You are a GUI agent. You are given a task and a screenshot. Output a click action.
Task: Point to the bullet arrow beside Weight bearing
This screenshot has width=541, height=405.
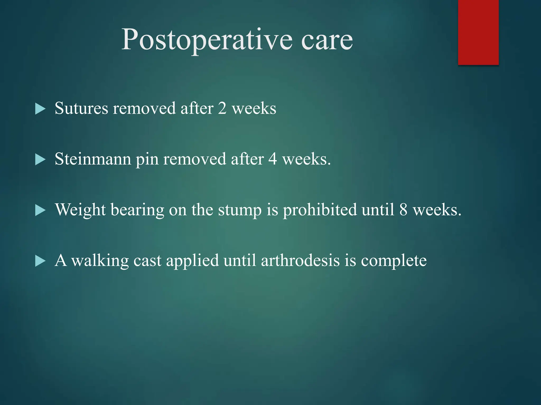[40, 210]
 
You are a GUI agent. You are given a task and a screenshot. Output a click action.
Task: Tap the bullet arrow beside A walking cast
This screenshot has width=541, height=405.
[40, 261]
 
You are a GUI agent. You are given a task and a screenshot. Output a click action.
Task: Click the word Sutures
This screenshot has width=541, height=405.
[81, 108]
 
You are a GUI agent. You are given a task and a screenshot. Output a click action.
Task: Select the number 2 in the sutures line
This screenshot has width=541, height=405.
[222, 108]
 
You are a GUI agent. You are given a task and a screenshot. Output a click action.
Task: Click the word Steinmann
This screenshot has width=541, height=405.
[93, 159]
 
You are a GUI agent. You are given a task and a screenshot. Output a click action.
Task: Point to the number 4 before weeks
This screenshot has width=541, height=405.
[273, 159]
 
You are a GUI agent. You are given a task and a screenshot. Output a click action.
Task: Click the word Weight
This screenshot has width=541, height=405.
[80, 210]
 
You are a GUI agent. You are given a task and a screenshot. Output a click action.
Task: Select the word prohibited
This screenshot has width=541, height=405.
[320, 210]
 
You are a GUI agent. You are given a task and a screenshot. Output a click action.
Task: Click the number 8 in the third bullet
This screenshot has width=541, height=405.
[403, 210]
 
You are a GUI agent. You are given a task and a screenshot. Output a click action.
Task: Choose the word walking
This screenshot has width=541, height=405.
[100, 261]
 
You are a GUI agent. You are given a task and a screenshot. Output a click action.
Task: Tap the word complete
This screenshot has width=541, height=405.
[394, 261]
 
